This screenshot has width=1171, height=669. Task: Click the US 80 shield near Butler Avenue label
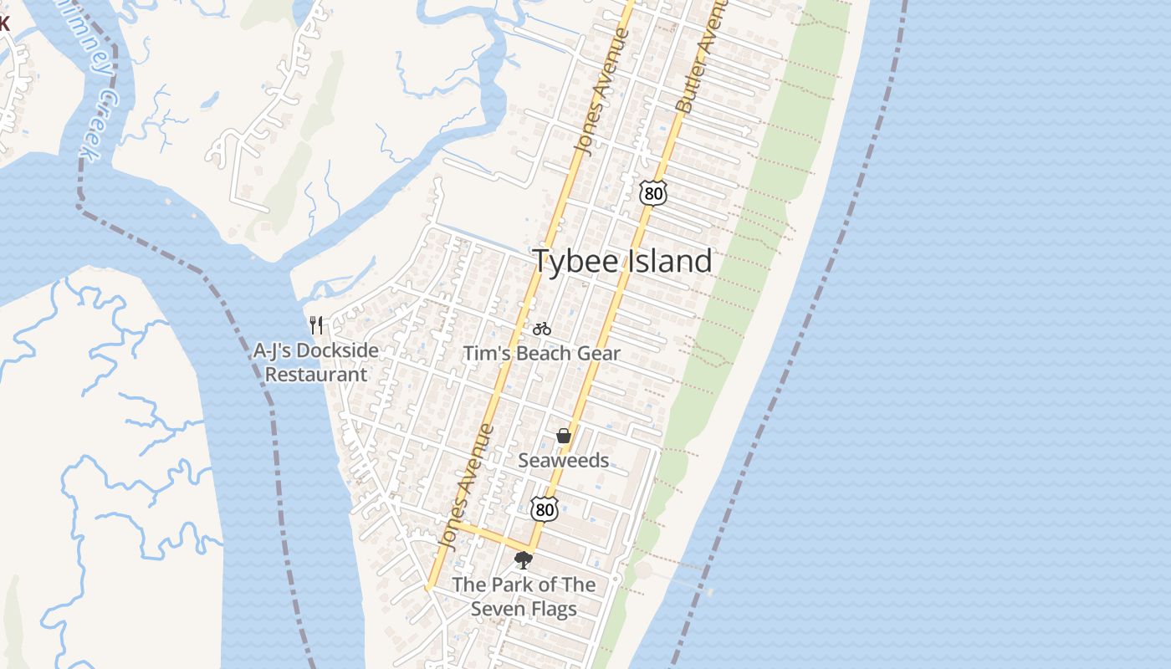(x=652, y=193)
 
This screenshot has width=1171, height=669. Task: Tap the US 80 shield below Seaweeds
(x=544, y=508)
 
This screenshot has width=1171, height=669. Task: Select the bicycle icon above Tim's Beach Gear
(x=541, y=329)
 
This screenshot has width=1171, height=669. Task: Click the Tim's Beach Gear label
(x=542, y=353)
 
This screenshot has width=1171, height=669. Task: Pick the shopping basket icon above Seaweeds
(x=564, y=436)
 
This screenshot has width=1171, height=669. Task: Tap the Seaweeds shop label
(x=564, y=460)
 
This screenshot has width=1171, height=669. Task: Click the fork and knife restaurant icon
(x=316, y=324)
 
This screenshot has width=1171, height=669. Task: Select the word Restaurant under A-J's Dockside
(x=316, y=374)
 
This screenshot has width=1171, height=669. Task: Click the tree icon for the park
(x=524, y=559)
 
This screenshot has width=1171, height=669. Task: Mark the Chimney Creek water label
(x=99, y=84)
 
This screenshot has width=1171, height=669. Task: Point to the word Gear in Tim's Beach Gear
(x=599, y=353)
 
